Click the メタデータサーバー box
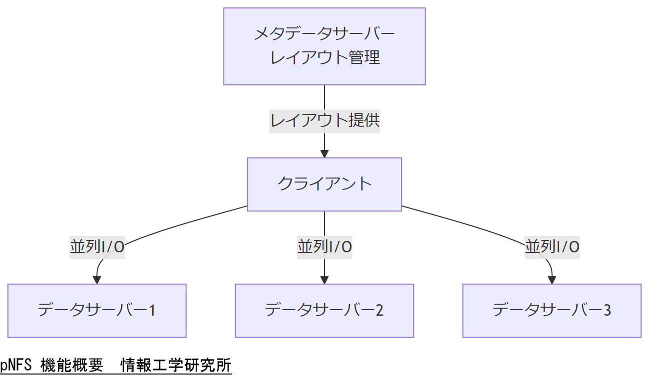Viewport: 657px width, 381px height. coord(324,46)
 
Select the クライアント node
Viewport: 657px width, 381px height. coord(324,184)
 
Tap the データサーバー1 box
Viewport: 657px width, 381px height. coord(97,310)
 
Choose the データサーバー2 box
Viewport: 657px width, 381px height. coord(324,310)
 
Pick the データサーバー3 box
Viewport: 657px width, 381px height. coord(552,310)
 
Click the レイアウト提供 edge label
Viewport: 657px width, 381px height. coord(325,121)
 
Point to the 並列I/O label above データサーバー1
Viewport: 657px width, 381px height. coord(97,247)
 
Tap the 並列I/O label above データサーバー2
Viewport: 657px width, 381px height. coord(325,247)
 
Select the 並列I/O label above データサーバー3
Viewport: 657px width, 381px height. coord(552,247)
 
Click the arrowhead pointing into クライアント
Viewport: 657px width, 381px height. coord(325,153)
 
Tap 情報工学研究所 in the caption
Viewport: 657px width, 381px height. coord(176,366)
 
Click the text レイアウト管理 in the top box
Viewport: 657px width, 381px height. coord(325,57)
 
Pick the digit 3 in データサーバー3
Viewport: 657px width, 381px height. coord(607,311)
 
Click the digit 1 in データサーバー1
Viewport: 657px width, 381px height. coord(152,311)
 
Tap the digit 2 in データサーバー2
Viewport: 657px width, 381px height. coord(379,311)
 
